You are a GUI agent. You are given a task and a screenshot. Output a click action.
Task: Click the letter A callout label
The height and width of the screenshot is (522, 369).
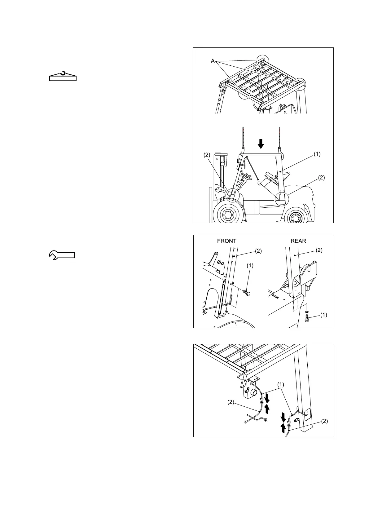213,61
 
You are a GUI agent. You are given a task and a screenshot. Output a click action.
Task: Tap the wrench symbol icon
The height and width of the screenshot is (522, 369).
62,255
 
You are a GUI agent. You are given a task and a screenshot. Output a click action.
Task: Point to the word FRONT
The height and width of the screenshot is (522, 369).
227,241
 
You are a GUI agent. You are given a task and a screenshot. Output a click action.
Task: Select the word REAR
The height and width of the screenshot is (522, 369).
298,241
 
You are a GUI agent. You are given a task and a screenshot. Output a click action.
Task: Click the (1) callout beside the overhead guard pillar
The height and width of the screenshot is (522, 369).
317,154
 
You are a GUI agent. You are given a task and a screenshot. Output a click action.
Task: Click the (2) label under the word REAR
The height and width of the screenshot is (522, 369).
319,250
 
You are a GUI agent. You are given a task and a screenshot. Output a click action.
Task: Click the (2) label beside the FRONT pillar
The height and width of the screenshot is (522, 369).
258,251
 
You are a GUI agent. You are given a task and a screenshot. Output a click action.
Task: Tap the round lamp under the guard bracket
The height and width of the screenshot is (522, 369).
254,393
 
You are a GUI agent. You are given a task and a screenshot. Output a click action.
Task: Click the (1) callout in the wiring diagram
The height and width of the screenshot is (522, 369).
280,385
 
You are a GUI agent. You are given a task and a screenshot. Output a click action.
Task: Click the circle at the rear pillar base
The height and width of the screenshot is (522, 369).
282,198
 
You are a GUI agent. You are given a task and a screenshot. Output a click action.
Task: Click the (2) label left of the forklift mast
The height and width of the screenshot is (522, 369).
207,155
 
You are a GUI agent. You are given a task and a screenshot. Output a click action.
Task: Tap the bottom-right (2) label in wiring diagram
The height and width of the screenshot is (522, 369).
324,421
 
